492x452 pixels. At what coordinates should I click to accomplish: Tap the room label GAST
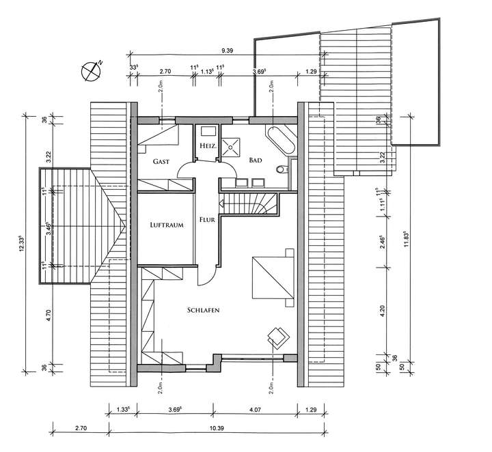pos(161,161)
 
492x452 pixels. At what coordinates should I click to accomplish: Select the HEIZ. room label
pos(208,145)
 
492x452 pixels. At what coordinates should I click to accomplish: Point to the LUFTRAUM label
pos(167,225)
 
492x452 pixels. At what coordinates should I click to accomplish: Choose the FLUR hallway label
pos(207,220)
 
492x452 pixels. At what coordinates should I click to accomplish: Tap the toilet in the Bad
pos(282,169)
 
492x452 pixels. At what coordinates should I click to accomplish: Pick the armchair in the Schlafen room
pos(279,336)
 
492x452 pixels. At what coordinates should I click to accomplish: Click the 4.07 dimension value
pos(254,410)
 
